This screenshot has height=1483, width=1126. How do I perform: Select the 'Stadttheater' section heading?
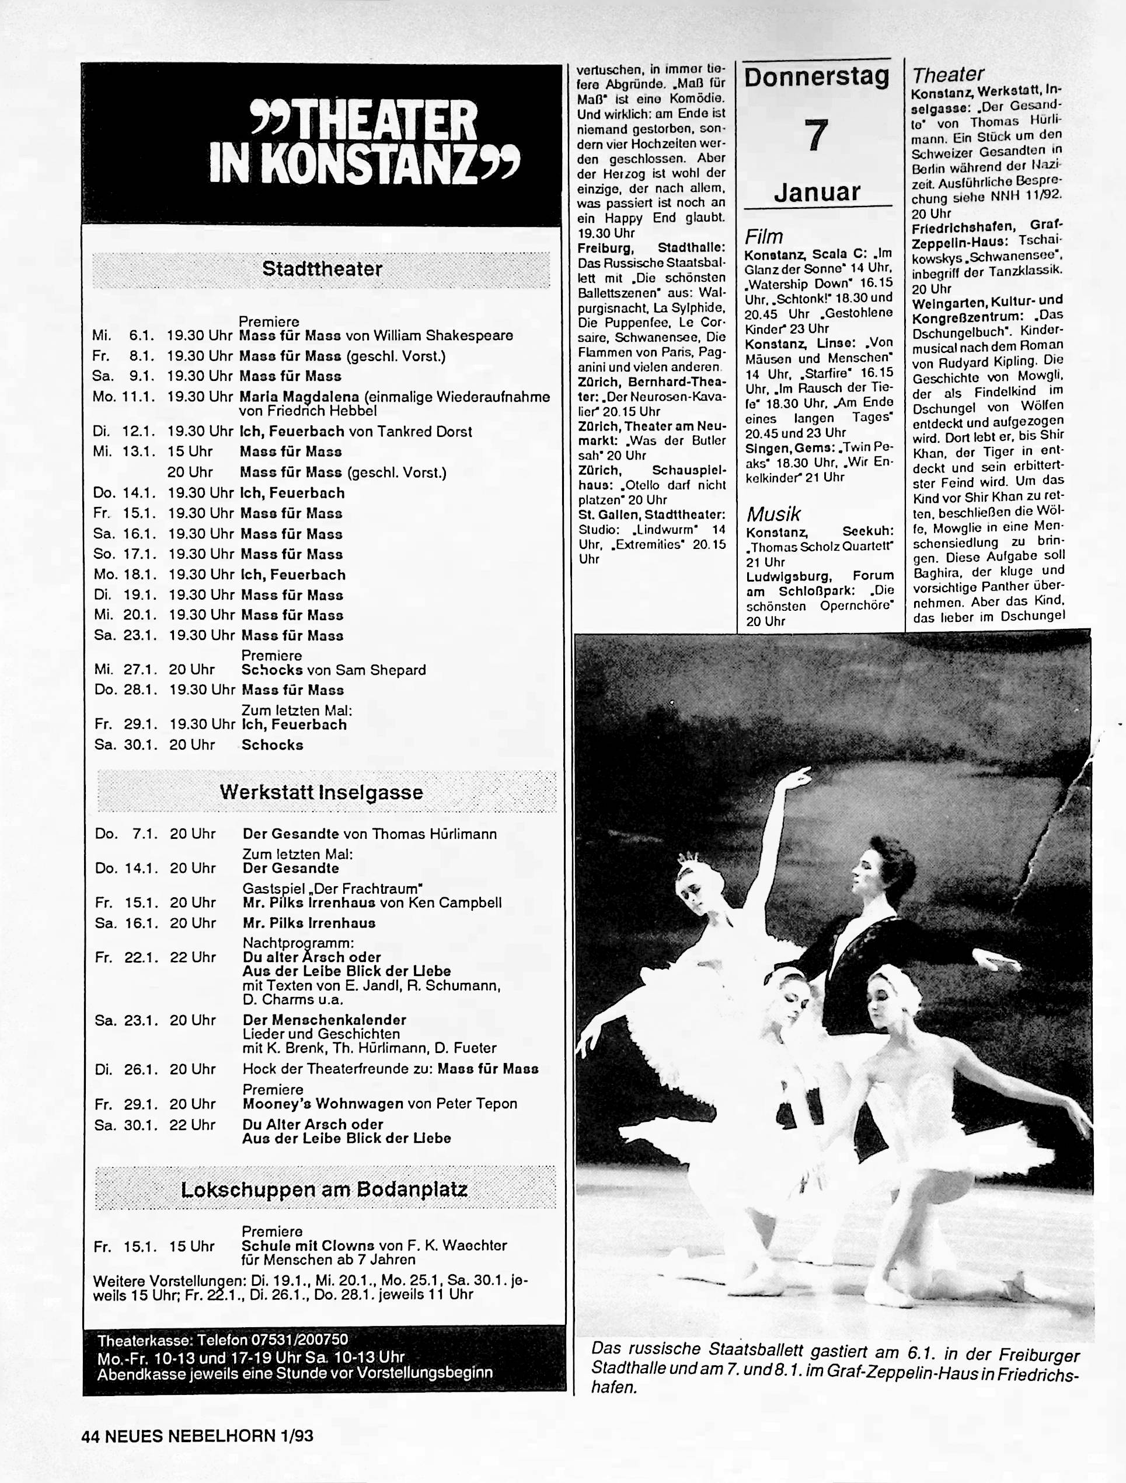coord(322,270)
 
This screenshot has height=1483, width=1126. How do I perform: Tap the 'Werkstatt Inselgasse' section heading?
coord(321,792)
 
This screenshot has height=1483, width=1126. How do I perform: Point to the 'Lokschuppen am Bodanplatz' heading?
coord(325,1190)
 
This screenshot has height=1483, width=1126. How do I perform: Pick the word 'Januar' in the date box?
coord(816,193)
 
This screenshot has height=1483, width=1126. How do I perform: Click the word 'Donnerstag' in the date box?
coord(816,78)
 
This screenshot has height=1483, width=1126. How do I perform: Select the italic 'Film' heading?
coord(764,237)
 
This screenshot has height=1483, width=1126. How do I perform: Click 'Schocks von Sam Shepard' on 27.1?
coord(333,670)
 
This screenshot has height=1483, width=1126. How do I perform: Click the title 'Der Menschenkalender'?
coord(325,1020)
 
